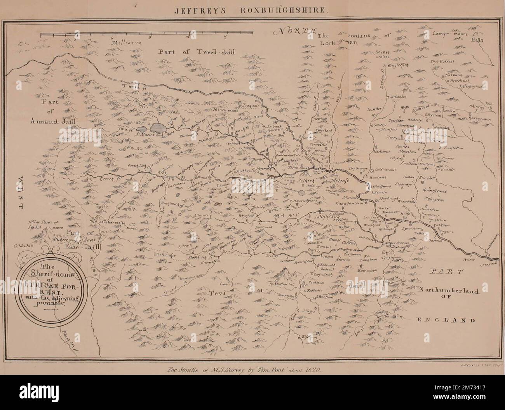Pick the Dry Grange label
point(357,169)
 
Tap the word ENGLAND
point(446,321)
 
